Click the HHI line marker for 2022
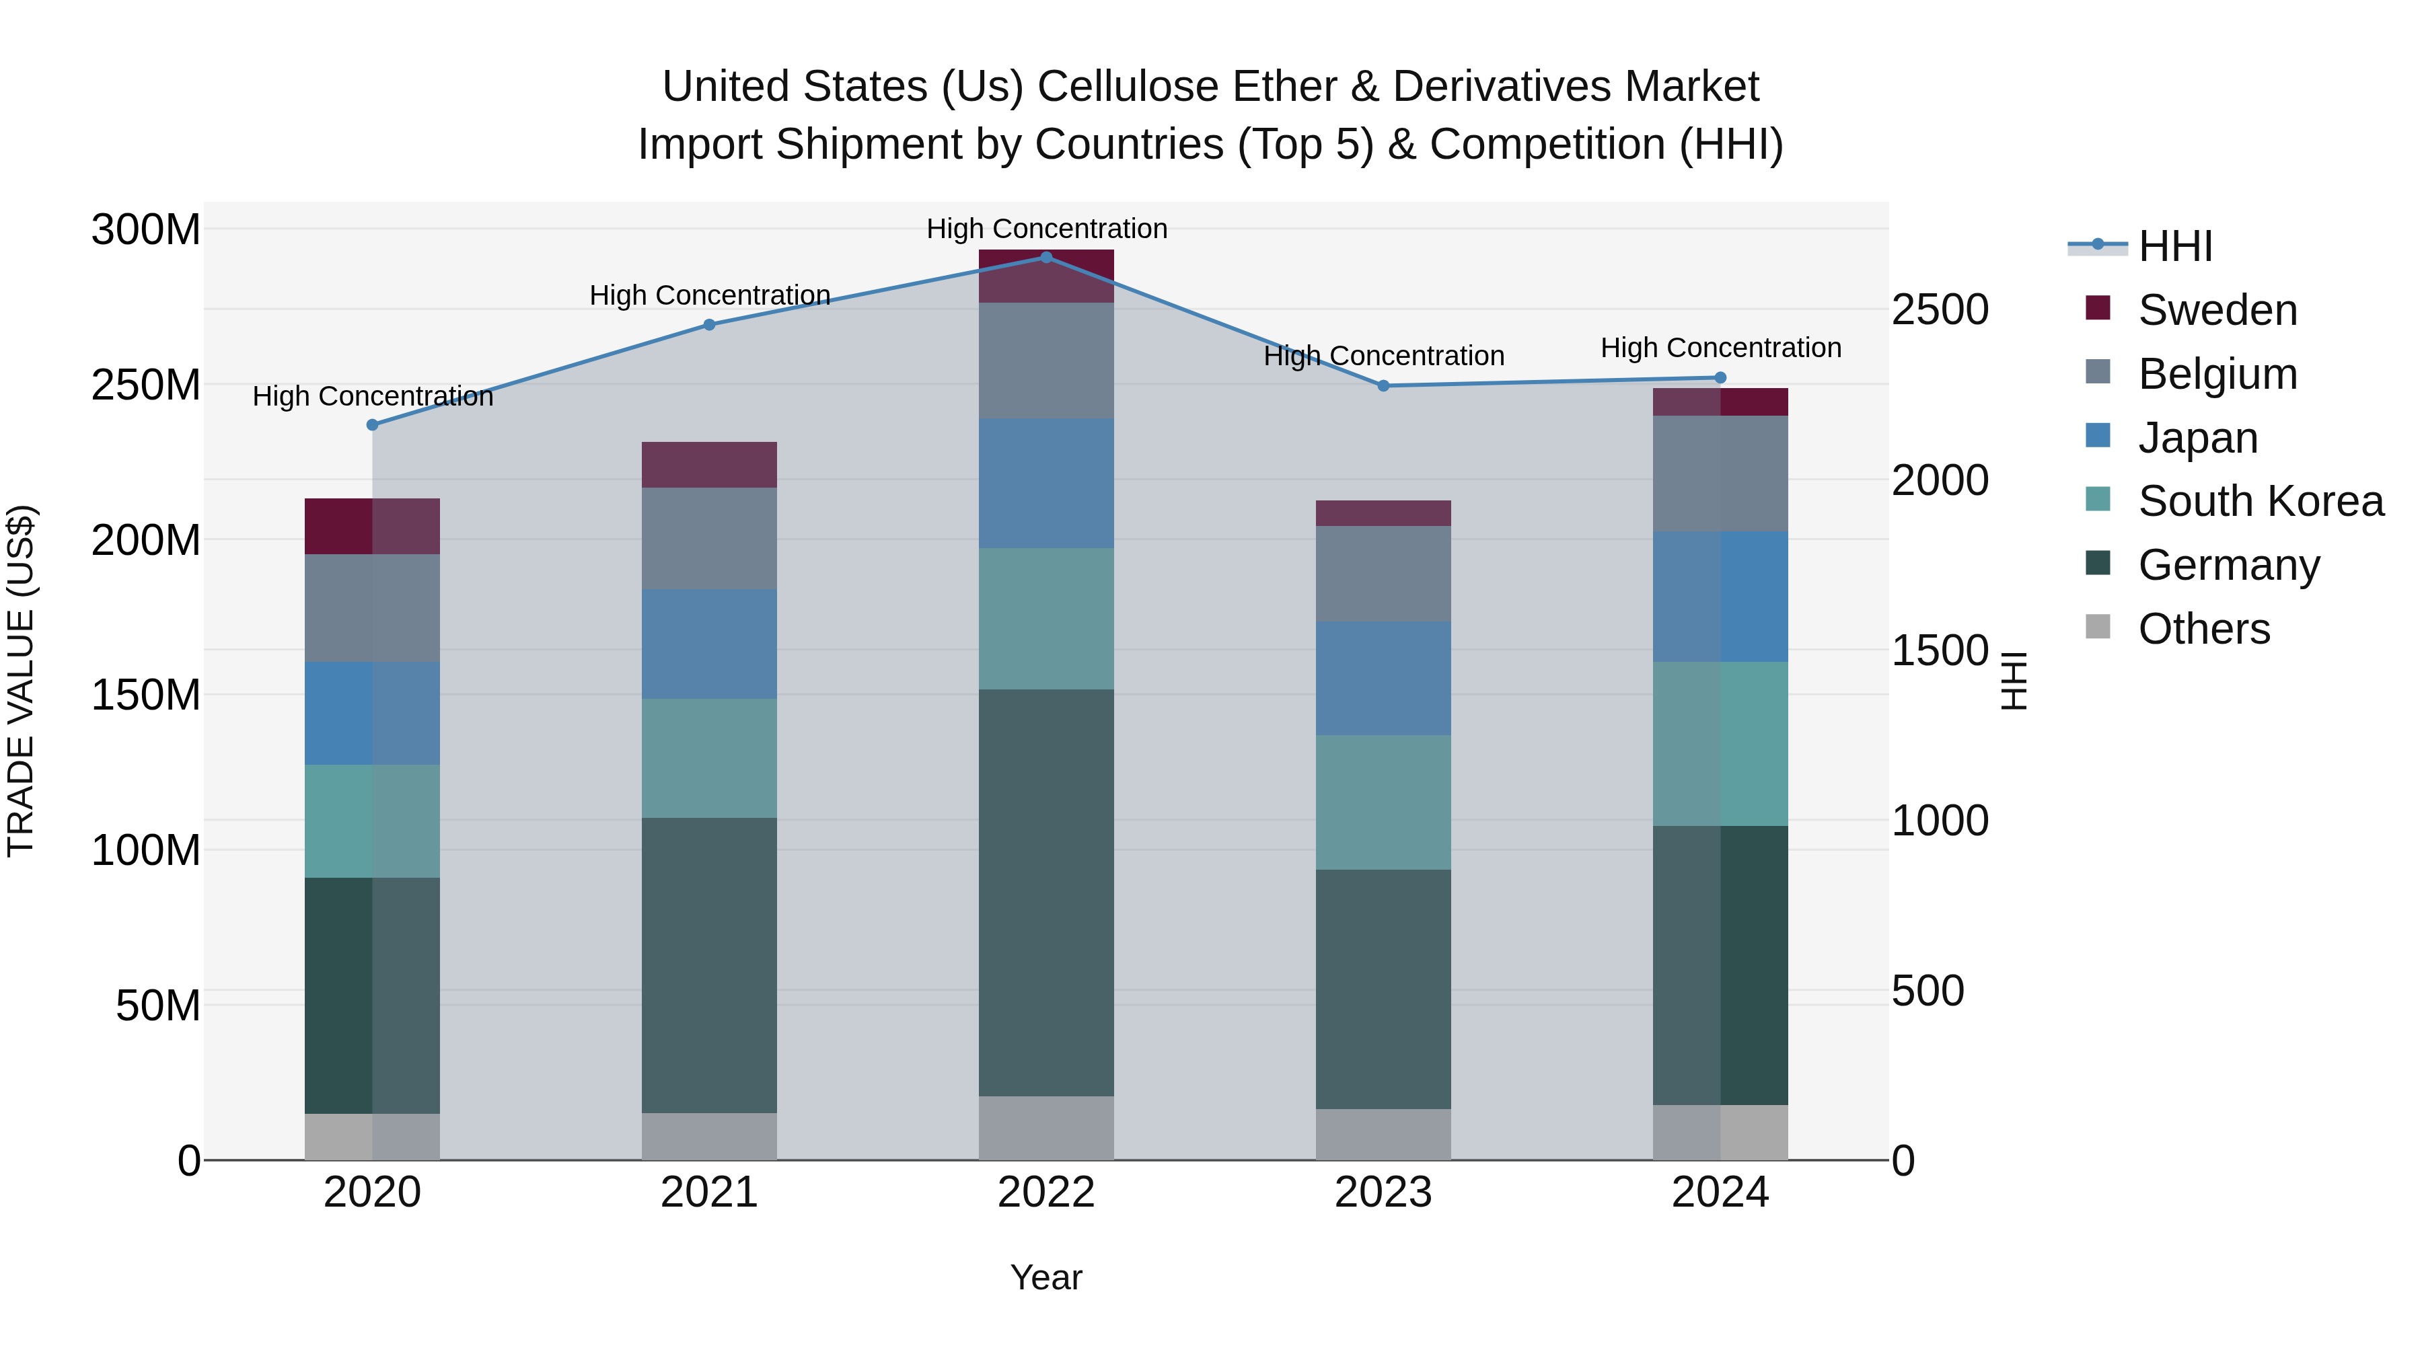[1045, 258]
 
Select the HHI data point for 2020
[372, 425]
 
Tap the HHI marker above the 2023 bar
[1383, 385]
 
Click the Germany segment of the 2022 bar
[1045, 893]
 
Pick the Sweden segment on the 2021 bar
[709, 464]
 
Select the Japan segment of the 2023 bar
[1383, 678]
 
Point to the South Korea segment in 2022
[1045, 619]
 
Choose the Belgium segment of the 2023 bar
[1383, 573]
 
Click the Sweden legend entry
[2217, 310]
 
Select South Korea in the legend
[2261, 501]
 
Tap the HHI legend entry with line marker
[2174, 246]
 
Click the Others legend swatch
[2098, 627]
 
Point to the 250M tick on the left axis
[146, 385]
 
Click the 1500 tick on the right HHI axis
[1940, 650]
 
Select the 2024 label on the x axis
[1720, 1193]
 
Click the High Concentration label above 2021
[709, 295]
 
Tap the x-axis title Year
[1045, 1277]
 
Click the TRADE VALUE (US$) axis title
[21, 681]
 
